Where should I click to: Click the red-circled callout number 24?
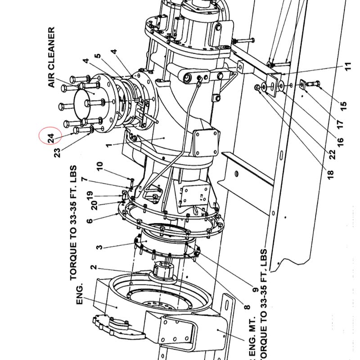coord(51,138)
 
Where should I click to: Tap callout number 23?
coord(57,153)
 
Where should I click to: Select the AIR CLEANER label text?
coord(51,58)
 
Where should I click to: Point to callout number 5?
coord(98,56)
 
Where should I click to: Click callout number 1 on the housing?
coord(109,145)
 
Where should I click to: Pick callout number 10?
coord(100,166)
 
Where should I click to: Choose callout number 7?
coord(85,179)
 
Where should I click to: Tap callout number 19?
coord(90,195)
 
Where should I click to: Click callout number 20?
coord(94,205)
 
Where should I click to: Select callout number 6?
coord(90,221)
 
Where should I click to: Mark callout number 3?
coord(99,247)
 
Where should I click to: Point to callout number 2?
coord(94,267)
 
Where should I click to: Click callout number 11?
coord(348,66)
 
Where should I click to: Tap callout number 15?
coord(343,106)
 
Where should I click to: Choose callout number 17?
coord(340,124)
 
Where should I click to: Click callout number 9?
coord(255,290)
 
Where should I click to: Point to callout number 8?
coord(247,307)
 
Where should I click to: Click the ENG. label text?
coord(79,295)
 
